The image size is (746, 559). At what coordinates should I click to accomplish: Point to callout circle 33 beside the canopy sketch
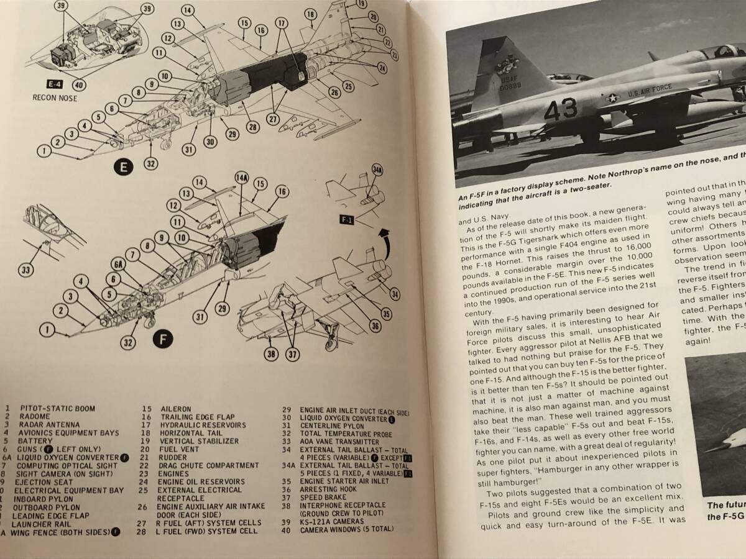[x=25, y=270]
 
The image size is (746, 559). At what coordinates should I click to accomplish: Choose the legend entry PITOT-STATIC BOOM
[x=57, y=408]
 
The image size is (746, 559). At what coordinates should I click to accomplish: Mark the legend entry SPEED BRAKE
[x=321, y=498]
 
